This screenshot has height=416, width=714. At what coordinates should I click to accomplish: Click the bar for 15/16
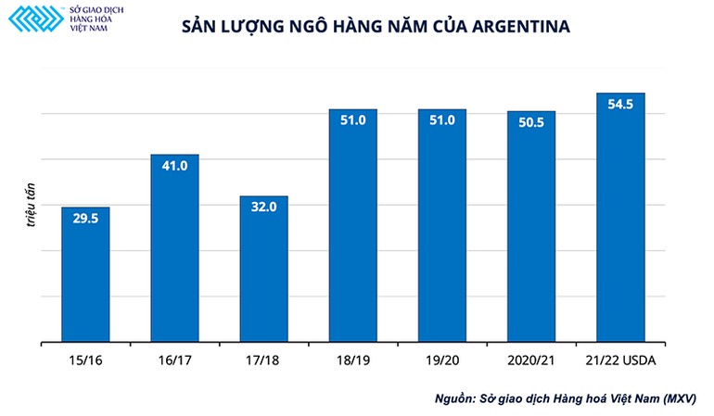pyautogui.click(x=85, y=278)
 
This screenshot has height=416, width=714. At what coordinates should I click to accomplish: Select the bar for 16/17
pyautogui.click(x=174, y=250)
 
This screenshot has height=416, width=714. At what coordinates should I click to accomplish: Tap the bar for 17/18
pyautogui.click(x=263, y=273)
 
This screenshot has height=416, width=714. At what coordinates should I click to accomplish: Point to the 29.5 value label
pyautogui.click(x=85, y=219)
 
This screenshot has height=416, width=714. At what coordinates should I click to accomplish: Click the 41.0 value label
pyautogui.click(x=174, y=166)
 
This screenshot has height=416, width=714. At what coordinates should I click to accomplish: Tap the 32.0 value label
pyautogui.click(x=263, y=208)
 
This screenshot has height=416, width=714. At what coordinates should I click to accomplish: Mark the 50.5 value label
pyautogui.click(x=531, y=122)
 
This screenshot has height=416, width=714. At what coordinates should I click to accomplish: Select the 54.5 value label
pyautogui.click(x=620, y=104)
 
